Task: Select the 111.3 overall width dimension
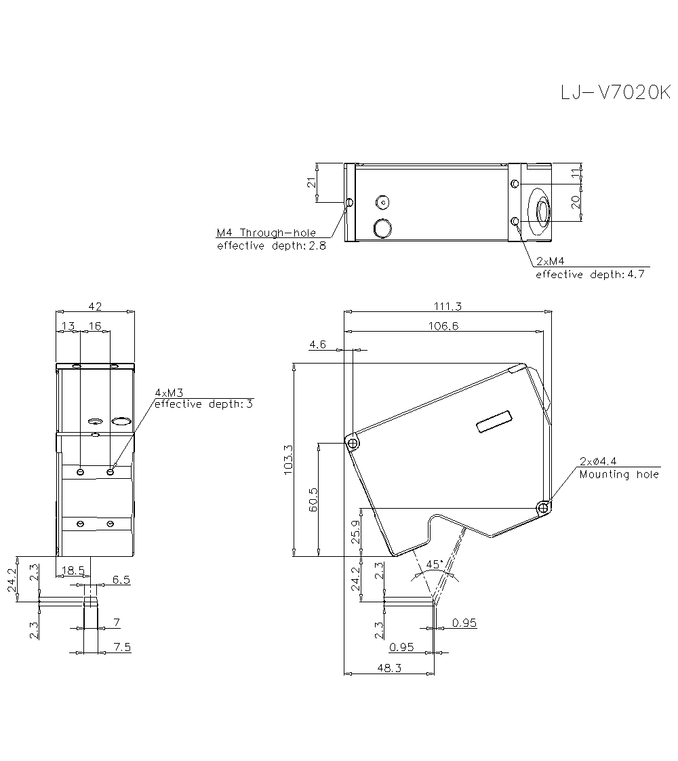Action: [x=447, y=306]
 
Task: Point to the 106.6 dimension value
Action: [x=444, y=326]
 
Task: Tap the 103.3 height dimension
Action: [x=287, y=460]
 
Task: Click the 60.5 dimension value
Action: [x=313, y=499]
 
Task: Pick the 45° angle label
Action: [x=435, y=564]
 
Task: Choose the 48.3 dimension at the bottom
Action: [x=388, y=668]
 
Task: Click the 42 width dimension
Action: [x=95, y=306]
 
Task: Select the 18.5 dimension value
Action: [x=73, y=570]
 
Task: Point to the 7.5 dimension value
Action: [x=122, y=648]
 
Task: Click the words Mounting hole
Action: [x=619, y=474]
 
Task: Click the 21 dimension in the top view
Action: [x=312, y=182]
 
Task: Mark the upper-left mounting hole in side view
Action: [x=353, y=443]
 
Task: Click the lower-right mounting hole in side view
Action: [x=543, y=507]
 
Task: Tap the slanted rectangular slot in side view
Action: [x=495, y=422]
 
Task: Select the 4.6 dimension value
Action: [x=317, y=345]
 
